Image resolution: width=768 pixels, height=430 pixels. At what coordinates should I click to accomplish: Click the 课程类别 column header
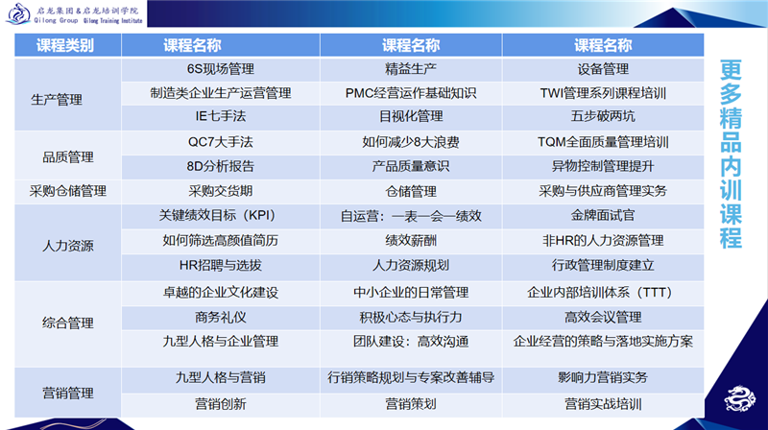pyautogui.click(x=65, y=45)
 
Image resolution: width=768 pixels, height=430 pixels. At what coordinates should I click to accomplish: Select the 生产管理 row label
pyautogui.click(x=57, y=100)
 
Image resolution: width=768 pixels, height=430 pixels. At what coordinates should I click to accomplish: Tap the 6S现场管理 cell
pyautogui.click(x=221, y=69)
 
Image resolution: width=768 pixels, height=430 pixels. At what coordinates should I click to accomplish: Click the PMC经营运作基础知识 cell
pyautogui.click(x=411, y=93)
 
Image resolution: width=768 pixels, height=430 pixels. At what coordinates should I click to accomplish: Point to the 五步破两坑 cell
pyautogui.click(x=603, y=116)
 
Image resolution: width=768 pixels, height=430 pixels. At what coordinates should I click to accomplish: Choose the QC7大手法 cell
pyautogui.click(x=221, y=142)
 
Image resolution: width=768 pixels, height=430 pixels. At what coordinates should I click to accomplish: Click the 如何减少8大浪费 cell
pyautogui.click(x=411, y=142)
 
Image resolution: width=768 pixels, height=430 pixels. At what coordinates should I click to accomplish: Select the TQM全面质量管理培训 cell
pyautogui.click(x=603, y=142)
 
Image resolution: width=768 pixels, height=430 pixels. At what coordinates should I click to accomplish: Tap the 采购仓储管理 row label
pyautogui.click(x=67, y=191)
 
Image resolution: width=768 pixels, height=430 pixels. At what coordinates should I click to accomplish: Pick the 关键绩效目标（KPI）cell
pyautogui.click(x=221, y=216)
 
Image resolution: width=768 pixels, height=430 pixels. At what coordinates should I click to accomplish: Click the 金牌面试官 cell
pyautogui.click(x=603, y=216)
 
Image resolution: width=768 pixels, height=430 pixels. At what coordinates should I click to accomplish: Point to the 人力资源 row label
pyautogui.click(x=67, y=246)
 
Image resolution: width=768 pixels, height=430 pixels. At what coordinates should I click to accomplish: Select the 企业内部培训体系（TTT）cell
pyautogui.click(x=603, y=293)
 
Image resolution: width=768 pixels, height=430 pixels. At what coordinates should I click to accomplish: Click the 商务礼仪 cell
pyautogui.click(x=221, y=318)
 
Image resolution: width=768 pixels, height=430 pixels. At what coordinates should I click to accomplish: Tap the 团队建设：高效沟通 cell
pyautogui.click(x=411, y=342)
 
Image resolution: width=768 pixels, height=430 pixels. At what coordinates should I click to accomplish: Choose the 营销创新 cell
pyautogui.click(x=221, y=404)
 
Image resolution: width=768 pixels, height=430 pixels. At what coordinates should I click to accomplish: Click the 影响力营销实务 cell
pyautogui.click(x=603, y=377)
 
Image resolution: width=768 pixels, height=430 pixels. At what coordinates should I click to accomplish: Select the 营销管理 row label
pyautogui.click(x=67, y=393)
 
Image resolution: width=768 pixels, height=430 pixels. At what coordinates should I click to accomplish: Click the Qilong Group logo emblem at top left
pyautogui.click(x=18, y=13)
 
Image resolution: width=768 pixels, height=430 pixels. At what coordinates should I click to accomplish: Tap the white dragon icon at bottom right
pyautogui.click(x=739, y=398)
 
